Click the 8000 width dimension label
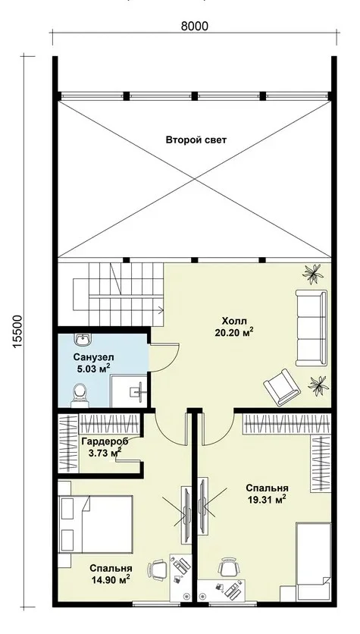click(194, 27)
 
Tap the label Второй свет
click(196, 140)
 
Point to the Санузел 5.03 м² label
click(94, 363)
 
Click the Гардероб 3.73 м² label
click(105, 447)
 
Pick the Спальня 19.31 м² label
click(267, 493)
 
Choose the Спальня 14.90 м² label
click(111, 574)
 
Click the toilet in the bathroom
click(80, 395)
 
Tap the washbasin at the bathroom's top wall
click(83, 339)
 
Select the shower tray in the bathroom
click(129, 391)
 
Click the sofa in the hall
click(311, 328)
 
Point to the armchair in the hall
click(282, 387)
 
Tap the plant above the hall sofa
click(313, 274)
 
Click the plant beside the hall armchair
click(318, 385)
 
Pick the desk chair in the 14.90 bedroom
click(157, 570)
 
